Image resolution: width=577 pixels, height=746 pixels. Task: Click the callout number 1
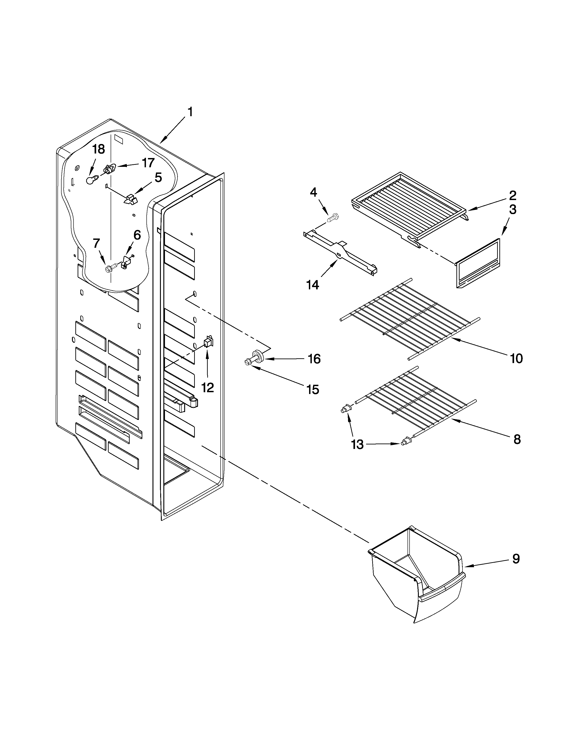coord(190,112)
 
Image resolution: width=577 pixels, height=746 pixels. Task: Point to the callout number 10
coord(516,359)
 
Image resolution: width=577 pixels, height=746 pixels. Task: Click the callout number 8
coord(517,439)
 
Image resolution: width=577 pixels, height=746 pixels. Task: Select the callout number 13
coord(357,445)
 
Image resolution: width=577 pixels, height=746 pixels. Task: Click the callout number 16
coord(314,359)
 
